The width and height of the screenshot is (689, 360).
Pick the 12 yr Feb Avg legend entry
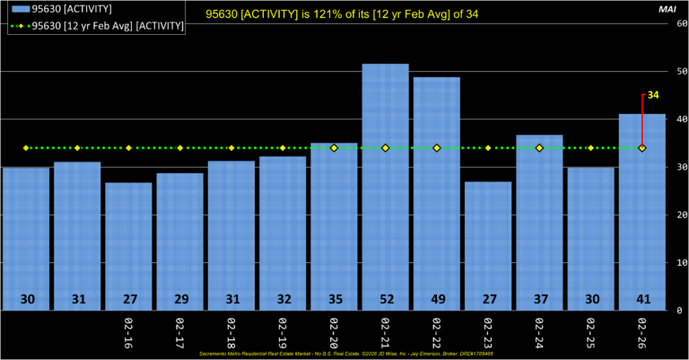(99, 26)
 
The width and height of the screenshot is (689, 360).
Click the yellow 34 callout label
(653, 95)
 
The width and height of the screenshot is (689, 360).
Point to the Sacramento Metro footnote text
(344, 355)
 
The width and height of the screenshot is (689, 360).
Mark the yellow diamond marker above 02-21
(385, 148)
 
